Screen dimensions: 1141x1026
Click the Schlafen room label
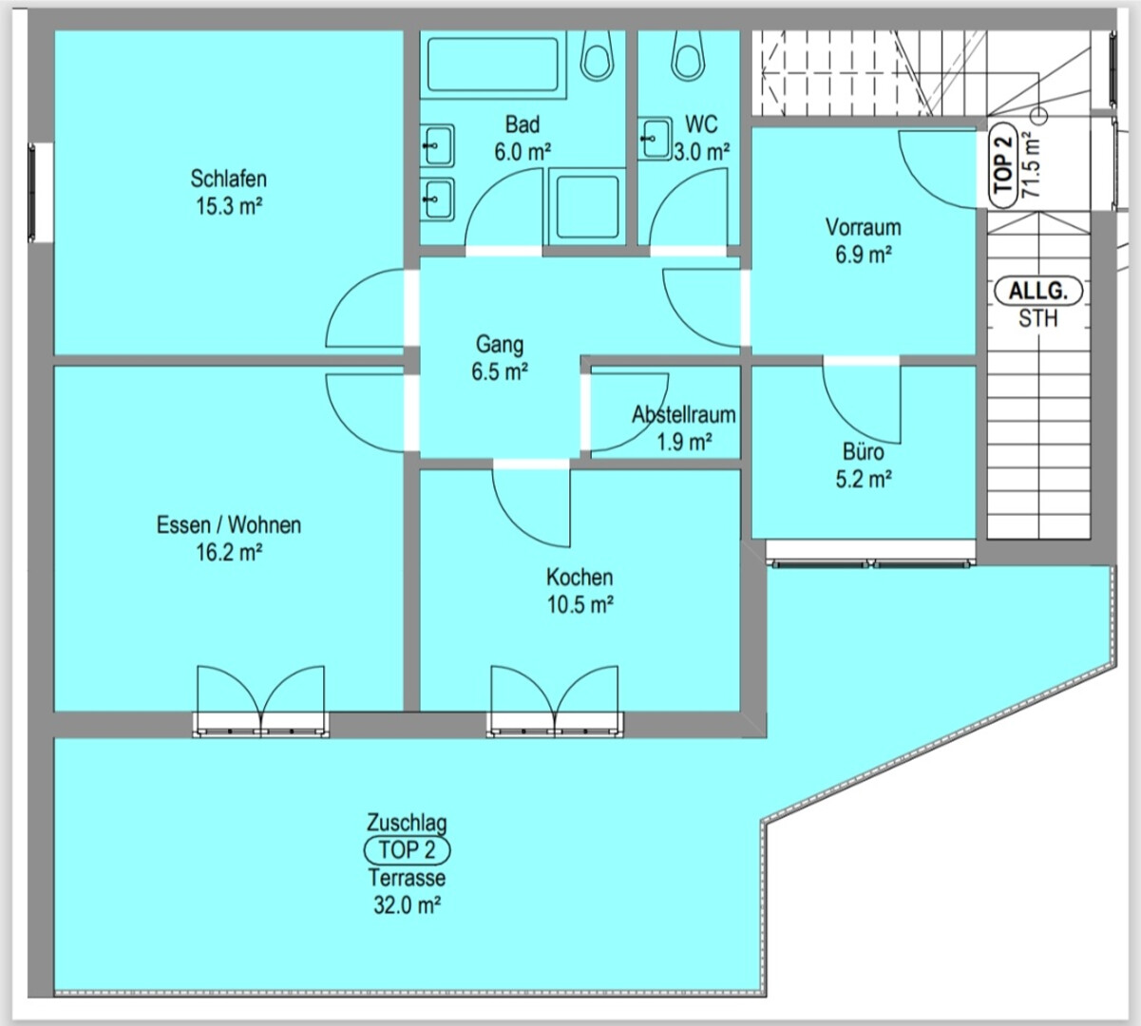tap(228, 179)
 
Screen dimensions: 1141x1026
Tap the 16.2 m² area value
tap(229, 552)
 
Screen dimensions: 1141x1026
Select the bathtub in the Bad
tap(492, 64)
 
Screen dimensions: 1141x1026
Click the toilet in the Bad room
tap(596, 55)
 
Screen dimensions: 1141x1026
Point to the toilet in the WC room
tap(688, 55)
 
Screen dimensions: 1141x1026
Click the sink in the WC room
tap(655, 139)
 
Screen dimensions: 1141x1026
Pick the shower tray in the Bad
tap(587, 206)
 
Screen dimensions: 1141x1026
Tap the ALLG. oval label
tap(1038, 292)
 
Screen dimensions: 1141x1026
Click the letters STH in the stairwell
tap(1038, 318)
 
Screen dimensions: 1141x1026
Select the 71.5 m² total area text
tap(1030, 165)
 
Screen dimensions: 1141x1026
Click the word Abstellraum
tap(684, 415)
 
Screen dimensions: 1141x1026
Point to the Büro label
tap(864, 452)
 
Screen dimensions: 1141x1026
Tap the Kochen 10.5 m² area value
tap(580, 604)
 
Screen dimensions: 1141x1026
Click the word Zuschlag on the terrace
tap(407, 823)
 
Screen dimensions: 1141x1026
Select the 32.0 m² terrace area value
tap(408, 904)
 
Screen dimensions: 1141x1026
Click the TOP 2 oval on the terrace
tap(407, 850)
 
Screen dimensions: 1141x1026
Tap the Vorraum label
tap(864, 228)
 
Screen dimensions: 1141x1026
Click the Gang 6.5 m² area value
tap(500, 372)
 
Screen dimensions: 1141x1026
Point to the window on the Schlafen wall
tap(32, 193)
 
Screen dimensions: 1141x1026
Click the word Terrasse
tap(407, 878)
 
